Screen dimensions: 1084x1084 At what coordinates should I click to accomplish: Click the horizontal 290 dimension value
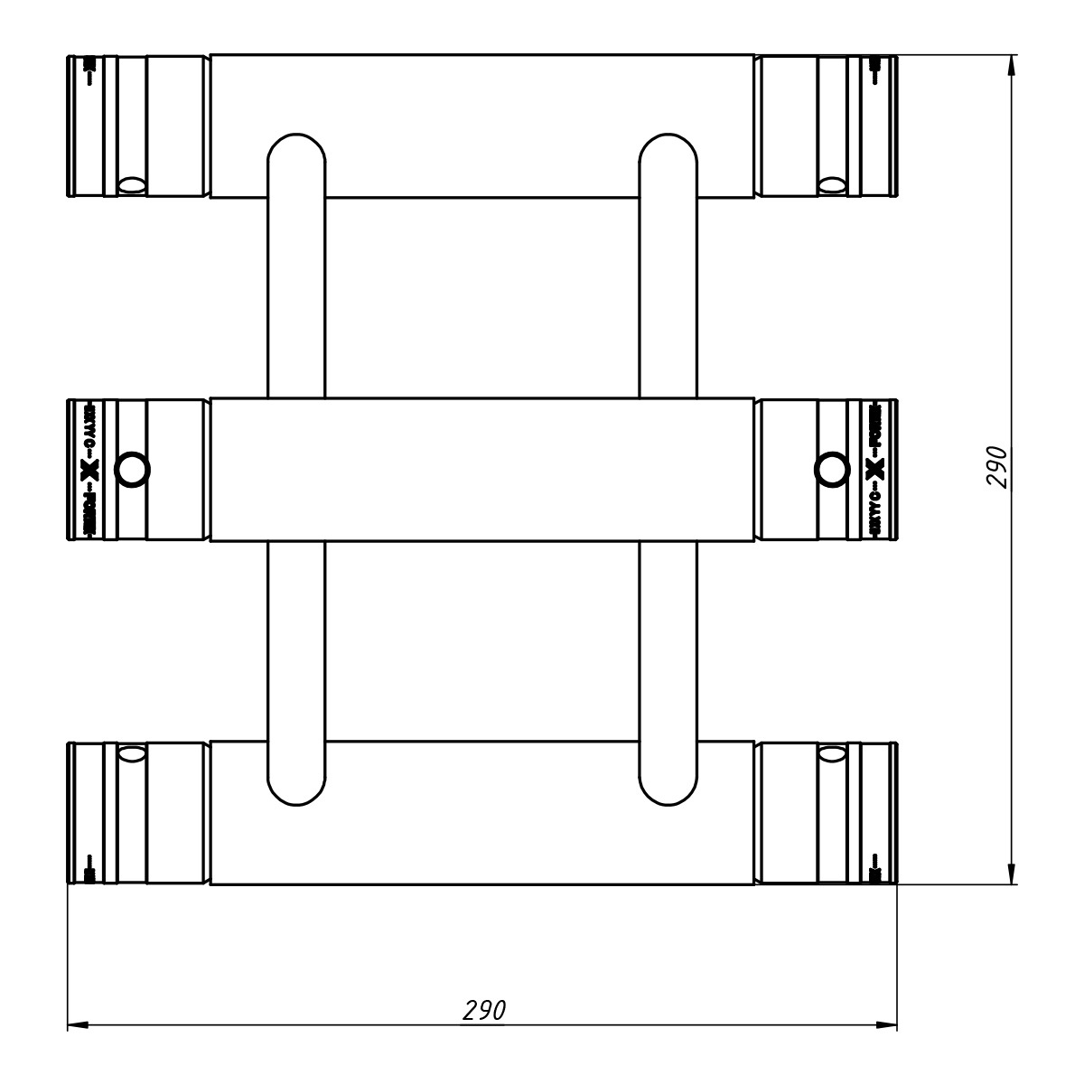(483, 1010)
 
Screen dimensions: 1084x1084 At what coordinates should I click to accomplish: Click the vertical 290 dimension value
(995, 466)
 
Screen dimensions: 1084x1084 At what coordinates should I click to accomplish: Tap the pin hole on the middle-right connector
(829, 468)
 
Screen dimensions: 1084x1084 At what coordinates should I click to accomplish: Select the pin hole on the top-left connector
(132, 184)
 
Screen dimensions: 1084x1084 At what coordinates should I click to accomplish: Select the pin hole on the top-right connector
(831, 184)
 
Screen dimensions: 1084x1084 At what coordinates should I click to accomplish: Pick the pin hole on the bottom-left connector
(132, 752)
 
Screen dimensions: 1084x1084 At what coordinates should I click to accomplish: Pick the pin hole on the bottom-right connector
(831, 752)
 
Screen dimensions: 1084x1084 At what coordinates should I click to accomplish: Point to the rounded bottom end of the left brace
(296, 790)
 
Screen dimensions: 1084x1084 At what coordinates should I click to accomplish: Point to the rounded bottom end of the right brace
(668, 790)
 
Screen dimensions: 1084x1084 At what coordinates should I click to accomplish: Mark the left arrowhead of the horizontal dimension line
(77, 1026)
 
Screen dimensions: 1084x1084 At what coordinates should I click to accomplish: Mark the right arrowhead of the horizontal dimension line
(890, 1026)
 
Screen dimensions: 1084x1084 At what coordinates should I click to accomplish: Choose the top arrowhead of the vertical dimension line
(1010, 63)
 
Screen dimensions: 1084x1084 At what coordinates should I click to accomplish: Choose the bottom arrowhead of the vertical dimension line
(1010, 876)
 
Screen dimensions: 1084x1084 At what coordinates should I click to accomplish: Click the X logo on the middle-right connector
(874, 469)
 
